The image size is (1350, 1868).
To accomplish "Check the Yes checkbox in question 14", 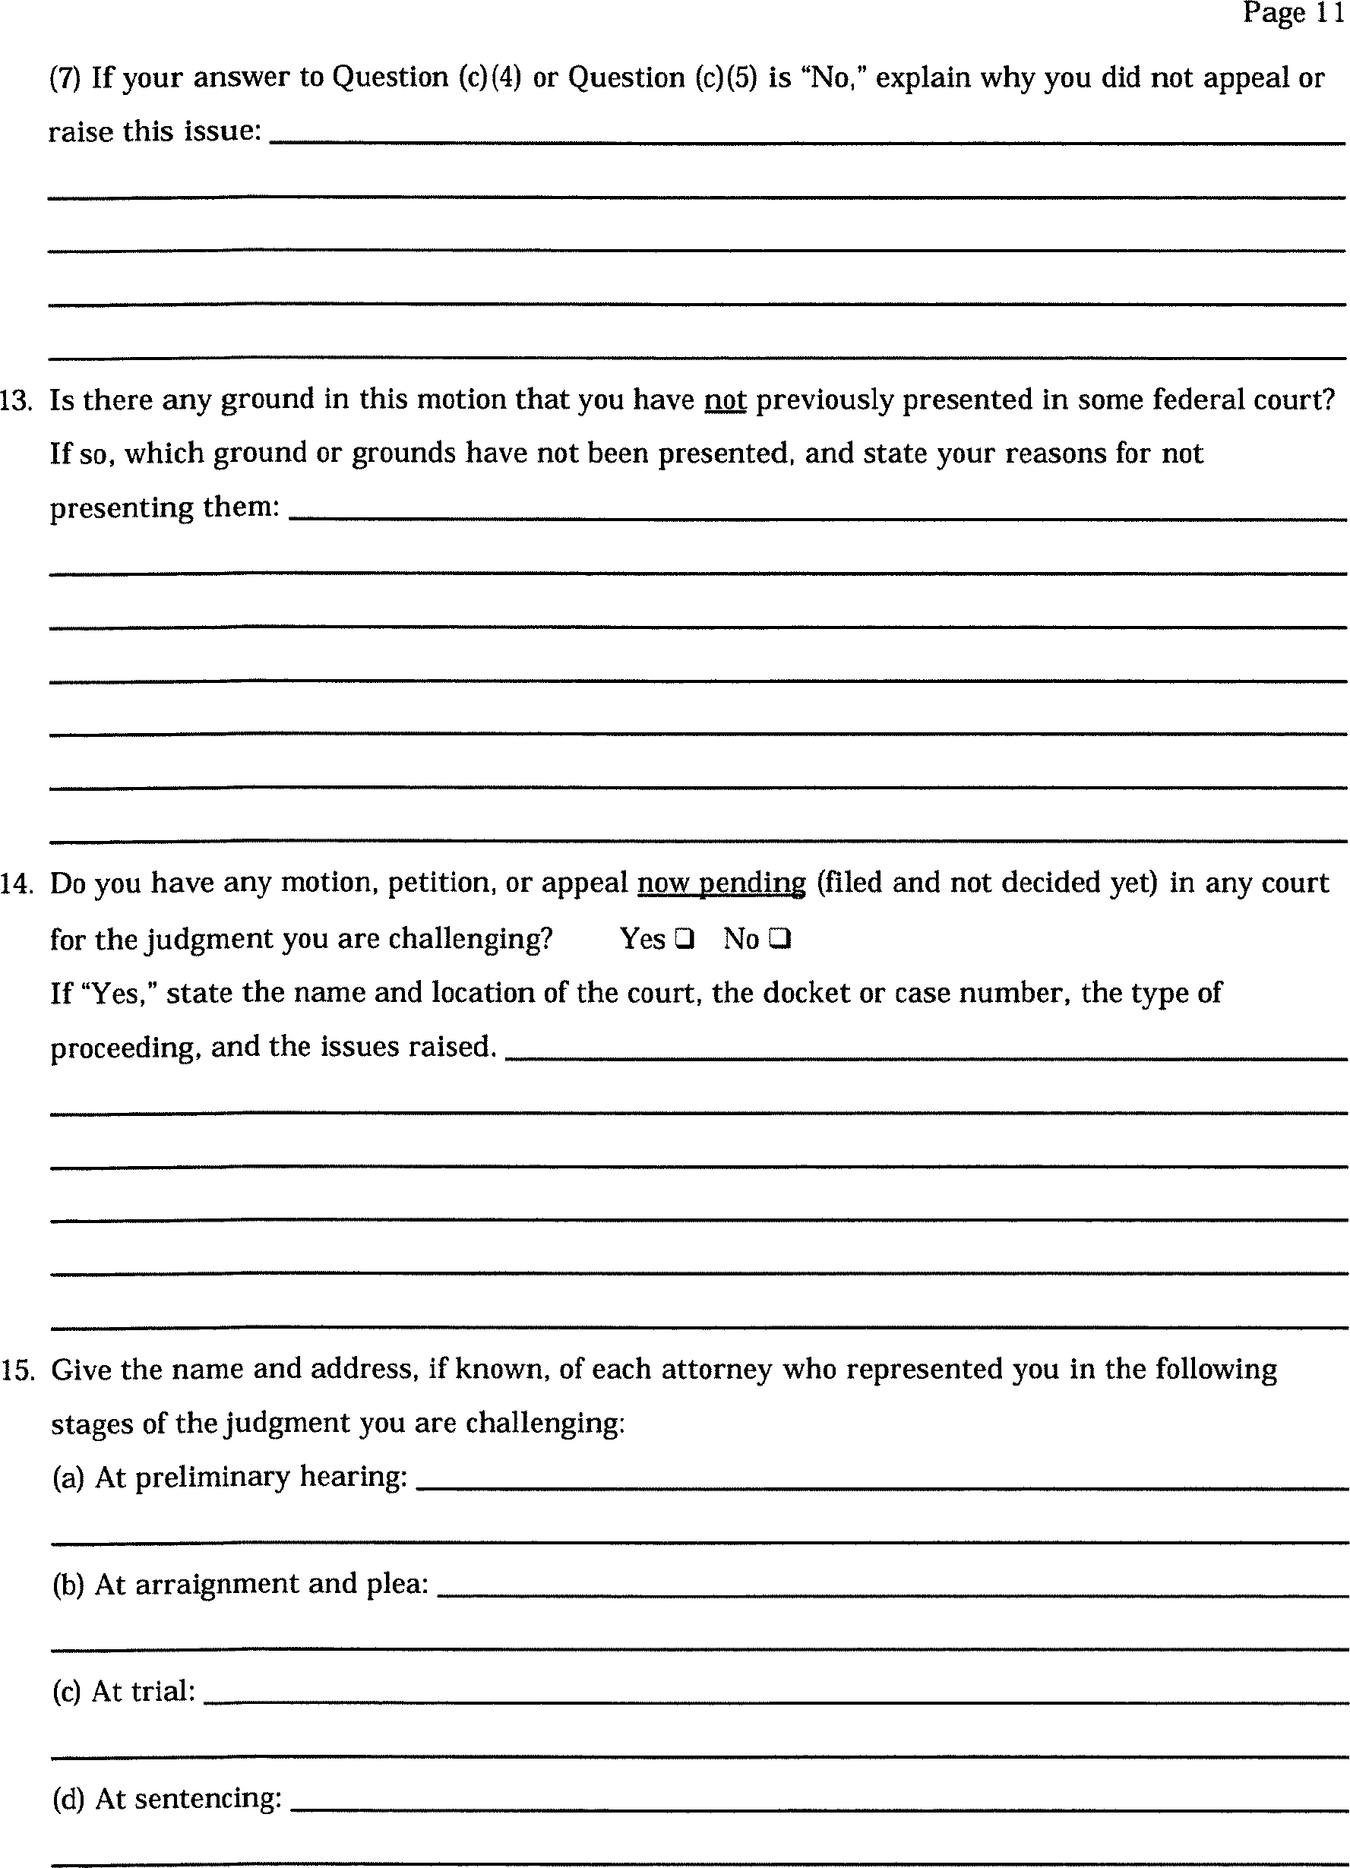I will tap(684, 938).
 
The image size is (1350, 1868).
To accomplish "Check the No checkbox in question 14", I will tap(780, 938).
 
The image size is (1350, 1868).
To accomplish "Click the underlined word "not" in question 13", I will tap(725, 400).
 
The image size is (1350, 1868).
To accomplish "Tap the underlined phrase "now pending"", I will tap(722, 883).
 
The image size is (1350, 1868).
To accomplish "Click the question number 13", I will tap(16, 401).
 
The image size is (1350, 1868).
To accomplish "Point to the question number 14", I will tap(16, 883).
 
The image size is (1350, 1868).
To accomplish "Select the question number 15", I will tap(17, 1370).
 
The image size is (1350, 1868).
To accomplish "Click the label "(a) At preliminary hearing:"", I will tap(229, 1477).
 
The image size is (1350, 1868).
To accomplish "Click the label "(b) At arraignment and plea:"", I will tap(240, 1584).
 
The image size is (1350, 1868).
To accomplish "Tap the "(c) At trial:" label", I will tap(124, 1691).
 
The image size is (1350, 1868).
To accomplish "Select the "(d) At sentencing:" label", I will tap(166, 1798).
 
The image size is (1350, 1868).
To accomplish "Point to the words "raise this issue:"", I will tap(155, 131).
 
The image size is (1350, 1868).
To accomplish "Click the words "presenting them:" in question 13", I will tap(165, 507).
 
